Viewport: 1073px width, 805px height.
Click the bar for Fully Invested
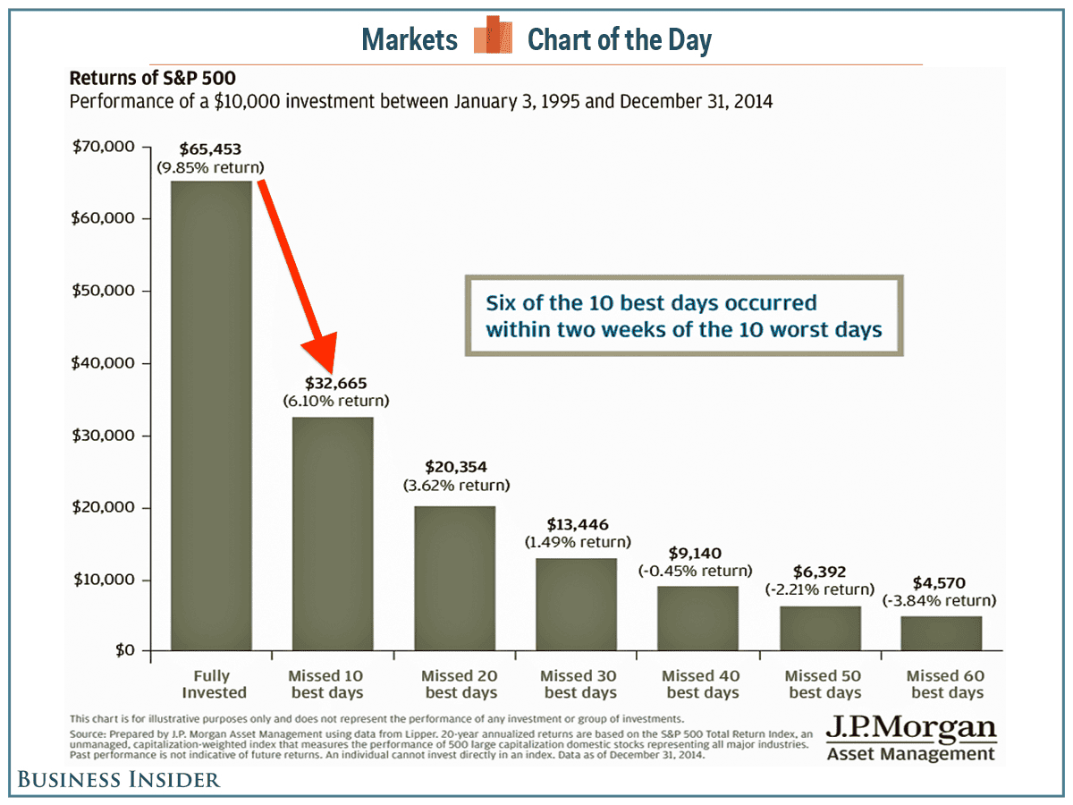pos(212,416)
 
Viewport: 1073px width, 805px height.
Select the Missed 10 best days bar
pos(333,534)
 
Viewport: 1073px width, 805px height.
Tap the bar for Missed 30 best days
pos(576,605)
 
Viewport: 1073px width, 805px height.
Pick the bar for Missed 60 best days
pos(941,633)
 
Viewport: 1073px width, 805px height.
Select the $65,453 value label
pos(212,148)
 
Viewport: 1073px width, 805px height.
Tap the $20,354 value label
pos(455,466)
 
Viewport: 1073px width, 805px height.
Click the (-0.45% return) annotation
pos(696,571)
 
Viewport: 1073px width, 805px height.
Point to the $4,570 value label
pos(940,582)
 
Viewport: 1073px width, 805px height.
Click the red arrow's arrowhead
pos(322,354)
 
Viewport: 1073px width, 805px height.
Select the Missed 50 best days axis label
pos(824,684)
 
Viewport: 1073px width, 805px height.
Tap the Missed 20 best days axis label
pos(460,684)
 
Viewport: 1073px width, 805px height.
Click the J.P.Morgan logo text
pos(910,728)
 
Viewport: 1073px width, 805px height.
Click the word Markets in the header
pos(410,39)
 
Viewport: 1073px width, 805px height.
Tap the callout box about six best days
pos(684,317)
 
